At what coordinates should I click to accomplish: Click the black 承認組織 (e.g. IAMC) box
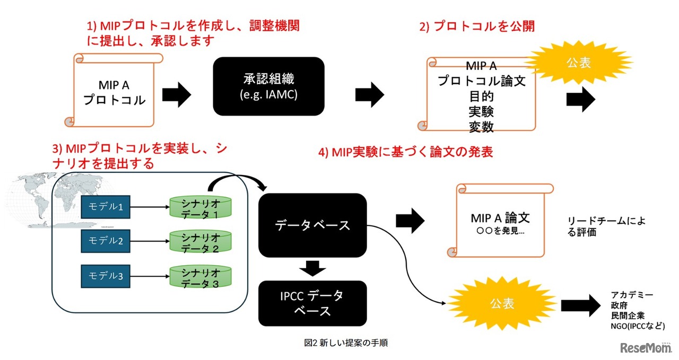268,86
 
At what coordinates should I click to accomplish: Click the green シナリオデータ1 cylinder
201,208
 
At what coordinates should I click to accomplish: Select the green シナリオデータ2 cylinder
201,242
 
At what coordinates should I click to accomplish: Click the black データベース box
312,225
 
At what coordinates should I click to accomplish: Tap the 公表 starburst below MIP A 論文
501,304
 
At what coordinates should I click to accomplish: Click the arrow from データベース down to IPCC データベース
312,268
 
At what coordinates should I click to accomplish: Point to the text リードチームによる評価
606,226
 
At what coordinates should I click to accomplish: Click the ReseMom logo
643,348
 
